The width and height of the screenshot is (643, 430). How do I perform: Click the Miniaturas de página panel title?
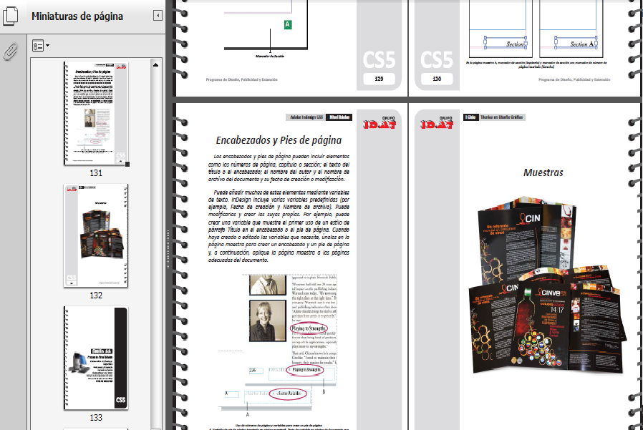coord(77,16)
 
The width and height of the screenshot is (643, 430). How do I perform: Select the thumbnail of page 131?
coord(96,114)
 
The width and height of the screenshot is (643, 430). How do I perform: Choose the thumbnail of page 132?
coord(96,238)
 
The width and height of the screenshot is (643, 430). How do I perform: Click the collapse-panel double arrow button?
coord(158,16)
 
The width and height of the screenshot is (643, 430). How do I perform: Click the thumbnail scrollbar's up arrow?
coord(156,66)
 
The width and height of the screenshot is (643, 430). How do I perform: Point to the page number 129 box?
coord(379,79)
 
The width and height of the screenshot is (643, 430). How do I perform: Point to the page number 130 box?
coord(437,79)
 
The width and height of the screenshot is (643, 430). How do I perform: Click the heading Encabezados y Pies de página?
coord(279,140)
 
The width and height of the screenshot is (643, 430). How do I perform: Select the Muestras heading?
coord(543,172)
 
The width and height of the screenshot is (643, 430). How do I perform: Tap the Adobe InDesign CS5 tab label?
coord(306,117)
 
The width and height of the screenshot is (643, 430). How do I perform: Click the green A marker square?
coord(288,25)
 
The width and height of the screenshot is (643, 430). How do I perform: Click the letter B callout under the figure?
coord(324,391)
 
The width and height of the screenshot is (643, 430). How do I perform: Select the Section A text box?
coord(576,44)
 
